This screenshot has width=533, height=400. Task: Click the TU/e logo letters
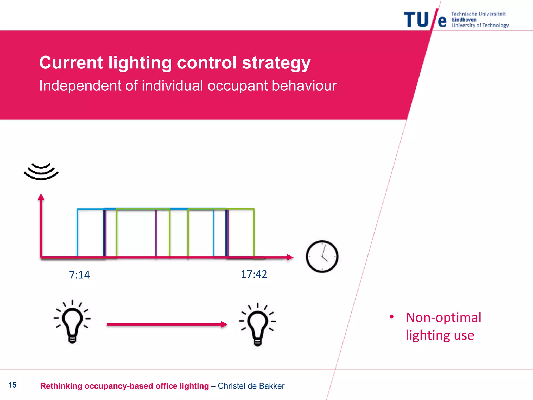[425, 20]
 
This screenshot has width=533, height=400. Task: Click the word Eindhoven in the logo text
[464, 20]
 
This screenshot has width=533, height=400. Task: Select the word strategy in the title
[276, 63]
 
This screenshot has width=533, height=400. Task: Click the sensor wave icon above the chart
[41, 172]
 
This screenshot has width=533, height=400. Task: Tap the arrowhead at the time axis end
[290, 257]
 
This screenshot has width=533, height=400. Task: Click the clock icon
[322, 257]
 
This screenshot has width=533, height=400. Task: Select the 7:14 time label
[79, 275]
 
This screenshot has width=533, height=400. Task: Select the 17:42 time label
[254, 274]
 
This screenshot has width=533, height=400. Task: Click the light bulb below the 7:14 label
[72, 322]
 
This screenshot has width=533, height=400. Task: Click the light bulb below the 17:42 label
[257, 324]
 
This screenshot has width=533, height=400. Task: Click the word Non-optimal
[443, 317]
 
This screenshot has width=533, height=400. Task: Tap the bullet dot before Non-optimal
[391, 317]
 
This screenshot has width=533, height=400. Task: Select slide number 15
[12, 385]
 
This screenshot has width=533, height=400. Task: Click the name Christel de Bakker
[251, 386]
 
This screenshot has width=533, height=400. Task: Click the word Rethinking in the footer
[61, 386]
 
